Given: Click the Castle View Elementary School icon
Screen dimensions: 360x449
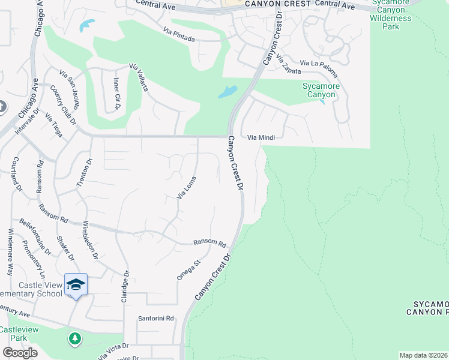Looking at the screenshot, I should click(x=76, y=284).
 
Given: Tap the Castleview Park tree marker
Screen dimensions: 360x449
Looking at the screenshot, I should click(x=75, y=339).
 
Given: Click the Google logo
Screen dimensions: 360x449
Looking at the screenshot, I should click(x=20, y=353).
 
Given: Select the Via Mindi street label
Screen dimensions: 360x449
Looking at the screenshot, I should click(x=261, y=137).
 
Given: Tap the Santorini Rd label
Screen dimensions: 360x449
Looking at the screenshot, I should click(x=156, y=318).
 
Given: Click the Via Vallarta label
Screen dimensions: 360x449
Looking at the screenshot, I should click(x=139, y=77).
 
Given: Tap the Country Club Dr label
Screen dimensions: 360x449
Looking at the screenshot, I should click(x=64, y=105).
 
